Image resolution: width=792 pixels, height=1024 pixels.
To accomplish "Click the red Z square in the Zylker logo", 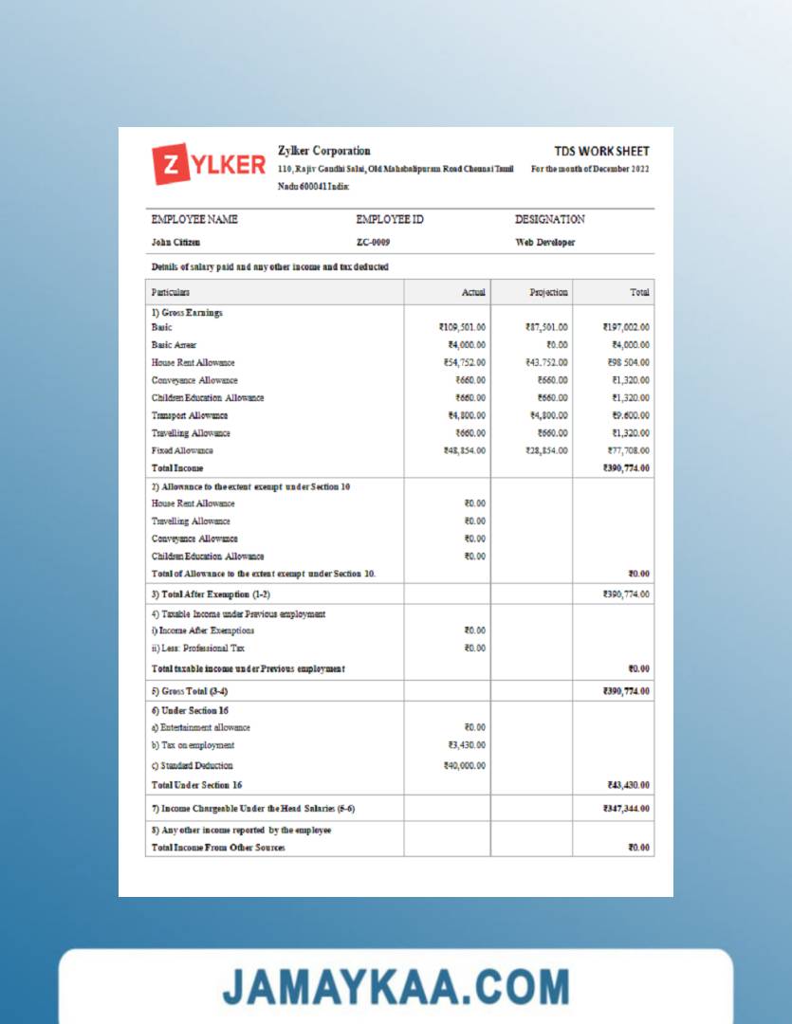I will pyautogui.click(x=171, y=164).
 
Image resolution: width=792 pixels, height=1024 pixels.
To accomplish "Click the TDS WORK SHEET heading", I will pyautogui.click(x=602, y=151).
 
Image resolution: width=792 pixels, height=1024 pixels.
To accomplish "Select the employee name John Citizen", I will pyautogui.click(x=175, y=242).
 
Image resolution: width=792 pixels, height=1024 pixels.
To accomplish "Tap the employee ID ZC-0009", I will pyautogui.click(x=373, y=242).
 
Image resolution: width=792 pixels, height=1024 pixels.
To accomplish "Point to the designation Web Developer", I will pyautogui.click(x=545, y=242).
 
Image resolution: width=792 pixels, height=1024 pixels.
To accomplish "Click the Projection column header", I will pyautogui.click(x=548, y=292).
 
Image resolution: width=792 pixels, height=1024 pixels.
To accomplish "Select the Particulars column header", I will pyautogui.click(x=171, y=292).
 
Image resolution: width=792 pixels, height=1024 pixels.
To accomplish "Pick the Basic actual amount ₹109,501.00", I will pyautogui.click(x=463, y=327).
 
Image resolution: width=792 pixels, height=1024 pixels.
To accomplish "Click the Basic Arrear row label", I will pyautogui.click(x=174, y=345).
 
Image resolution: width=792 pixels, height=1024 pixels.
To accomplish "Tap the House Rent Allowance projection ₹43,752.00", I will pyautogui.click(x=546, y=362).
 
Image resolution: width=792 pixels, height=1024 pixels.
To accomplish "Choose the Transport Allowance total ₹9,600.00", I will pyautogui.click(x=628, y=415).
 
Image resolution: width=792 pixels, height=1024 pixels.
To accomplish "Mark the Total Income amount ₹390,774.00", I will pyautogui.click(x=626, y=467).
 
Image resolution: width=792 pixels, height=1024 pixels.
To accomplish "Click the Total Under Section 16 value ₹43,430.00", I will pyautogui.click(x=628, y=785).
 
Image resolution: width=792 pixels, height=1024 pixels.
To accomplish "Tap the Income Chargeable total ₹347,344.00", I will pyautogui.click(x=626, y=809).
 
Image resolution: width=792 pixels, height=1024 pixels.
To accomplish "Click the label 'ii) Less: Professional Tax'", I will pyautogui.click(x=197, y=649).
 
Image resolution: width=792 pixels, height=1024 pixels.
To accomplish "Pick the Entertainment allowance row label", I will pyautogui.click(x=201, y=727).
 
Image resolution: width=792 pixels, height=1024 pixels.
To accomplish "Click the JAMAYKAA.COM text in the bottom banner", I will pyautogui.click(x=396, y=987).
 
